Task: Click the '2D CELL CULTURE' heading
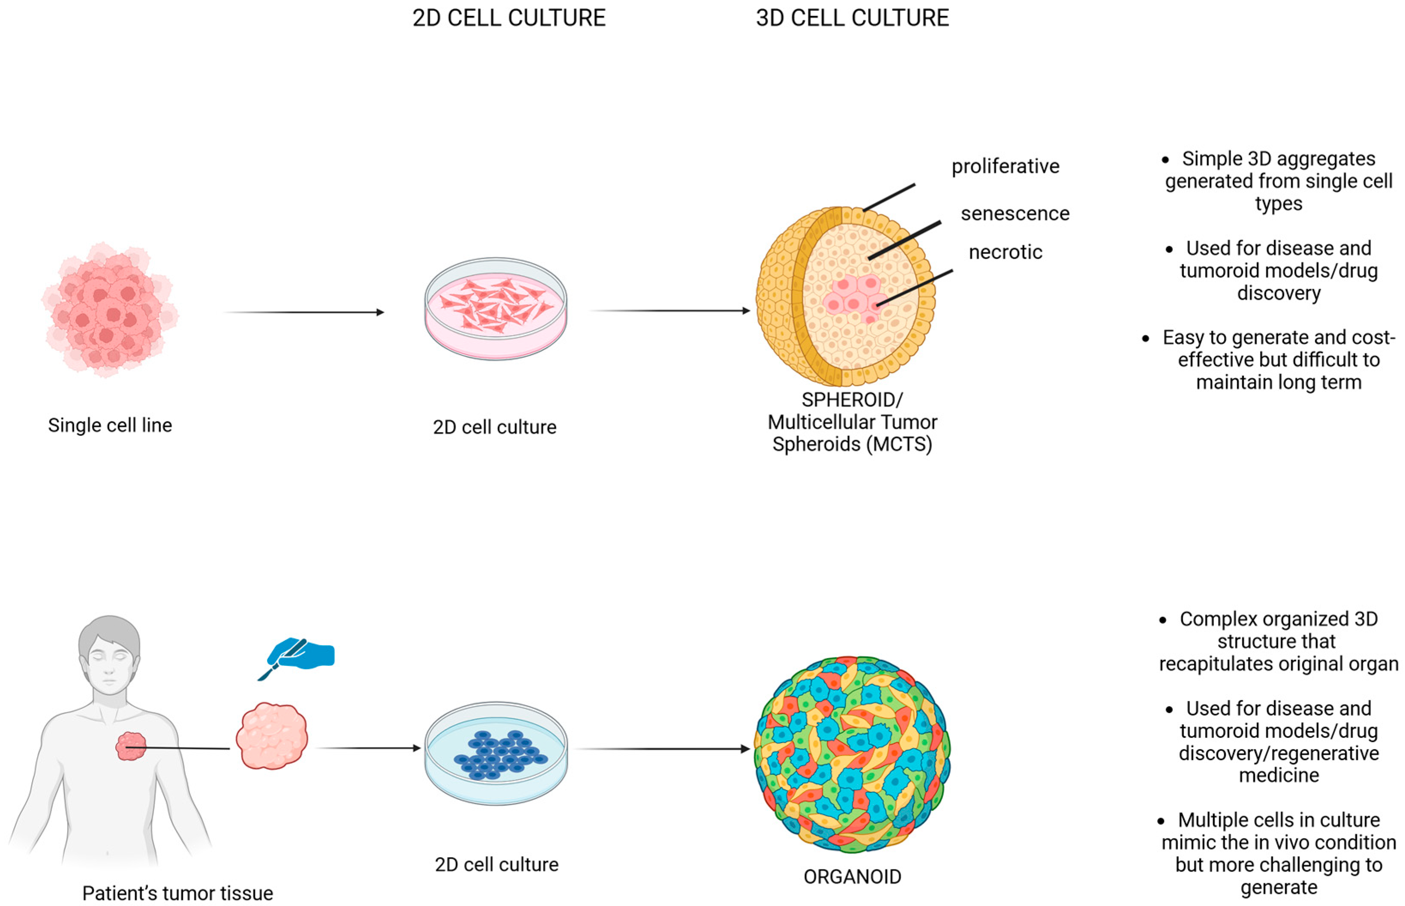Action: pyautogui.click(x=509, y=18)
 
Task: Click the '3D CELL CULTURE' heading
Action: pyautogui.click(x=852, y=18)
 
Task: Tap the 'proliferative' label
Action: pyautogui.click(x=1005, y=166)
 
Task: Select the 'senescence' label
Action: pyautogui.click(x=1015, y=214)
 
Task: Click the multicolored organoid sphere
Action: pyautogui.click(x=852, y=754)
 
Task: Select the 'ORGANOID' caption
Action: pyautogui.click(x=852, y=876)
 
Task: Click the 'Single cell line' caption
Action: pyautogui.click(x=110, y=425)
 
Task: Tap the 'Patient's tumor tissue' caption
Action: pyautogui.click(x=177, y=893)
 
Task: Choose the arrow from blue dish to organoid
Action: pyautogui.click(x=662, y=749)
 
